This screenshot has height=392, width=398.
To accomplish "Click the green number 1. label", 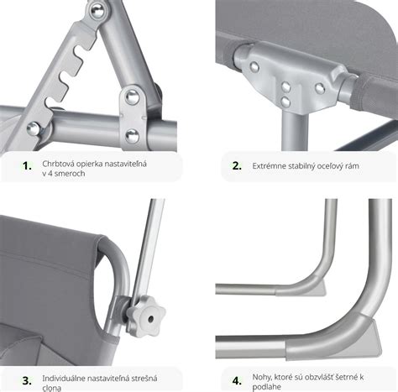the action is tap(27, 166).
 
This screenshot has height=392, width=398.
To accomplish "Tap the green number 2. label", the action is tap(237, 166).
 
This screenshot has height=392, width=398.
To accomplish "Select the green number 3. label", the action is tap(27, 381).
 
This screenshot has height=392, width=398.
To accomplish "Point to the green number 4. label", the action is tap(237, 381).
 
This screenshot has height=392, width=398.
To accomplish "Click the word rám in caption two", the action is tap(352, 166).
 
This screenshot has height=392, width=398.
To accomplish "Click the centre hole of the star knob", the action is tap(151, 319).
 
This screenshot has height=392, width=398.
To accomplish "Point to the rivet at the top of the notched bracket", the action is tap(97, 11).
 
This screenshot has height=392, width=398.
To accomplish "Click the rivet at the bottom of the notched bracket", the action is tap(34, 128).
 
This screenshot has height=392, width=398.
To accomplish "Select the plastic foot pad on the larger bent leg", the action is tap(374, 334).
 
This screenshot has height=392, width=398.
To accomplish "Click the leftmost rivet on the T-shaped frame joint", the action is tap(254, 67).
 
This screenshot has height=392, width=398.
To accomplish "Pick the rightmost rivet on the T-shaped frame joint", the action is tap(320, 88).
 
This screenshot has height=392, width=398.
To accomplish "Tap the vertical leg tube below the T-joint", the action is tap(294, 132).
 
